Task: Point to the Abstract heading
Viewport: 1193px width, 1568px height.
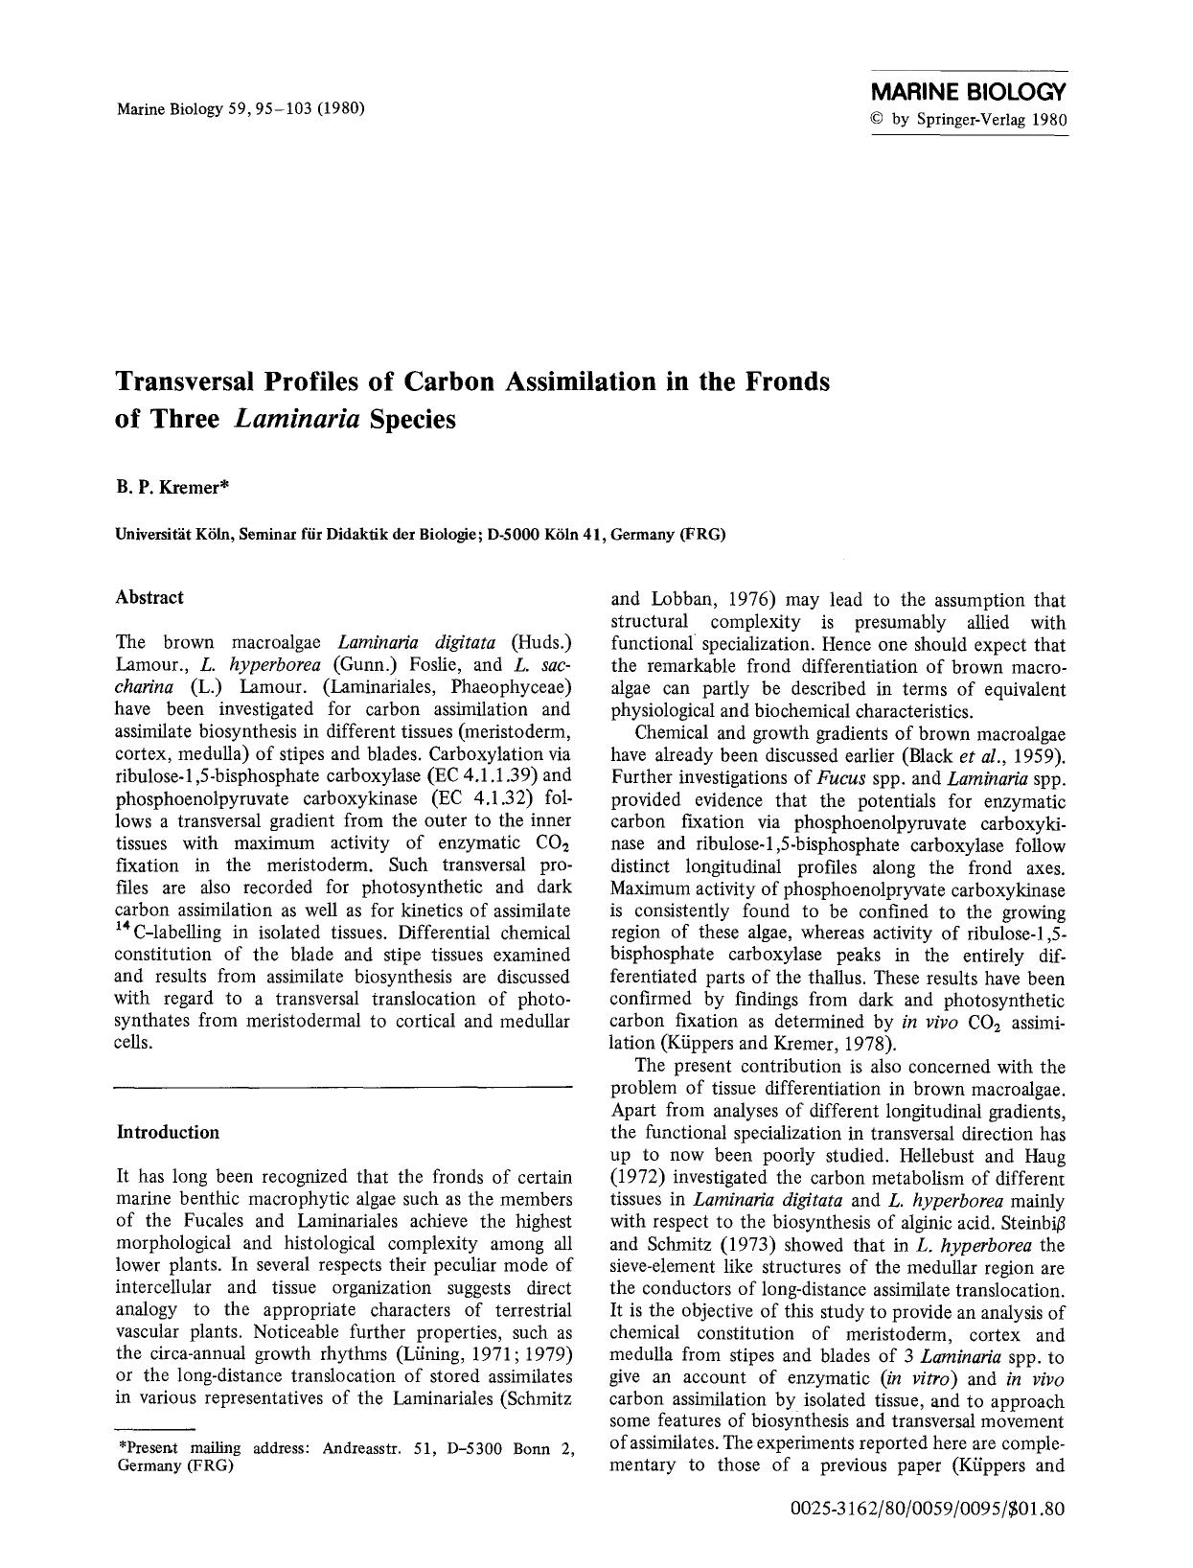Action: [x=149, y=597]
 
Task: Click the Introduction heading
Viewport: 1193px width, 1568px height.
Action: [x=168, y=1132]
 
